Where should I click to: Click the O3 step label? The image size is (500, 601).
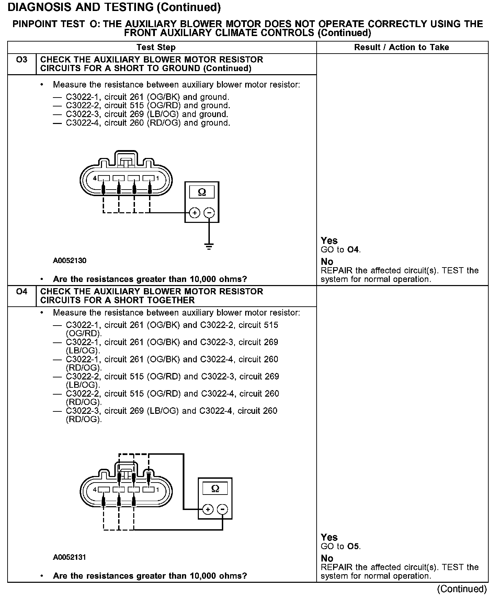[22, 60]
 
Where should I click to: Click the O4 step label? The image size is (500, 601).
[22, 292]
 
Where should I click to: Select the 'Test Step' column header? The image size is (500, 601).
[156, 47]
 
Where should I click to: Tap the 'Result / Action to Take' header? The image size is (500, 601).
[401, 47]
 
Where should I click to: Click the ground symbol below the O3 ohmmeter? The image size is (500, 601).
[209, 246]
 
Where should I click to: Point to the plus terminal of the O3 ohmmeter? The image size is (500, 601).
[195, 213]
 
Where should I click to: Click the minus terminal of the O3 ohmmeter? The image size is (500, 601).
[209, 213]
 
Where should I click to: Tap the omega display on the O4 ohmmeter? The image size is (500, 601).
[215, 488]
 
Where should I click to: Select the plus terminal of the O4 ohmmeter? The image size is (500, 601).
[208, 509]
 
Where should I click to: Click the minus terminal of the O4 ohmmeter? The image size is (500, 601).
[223, 509]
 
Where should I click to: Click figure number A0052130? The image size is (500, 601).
[70, 261]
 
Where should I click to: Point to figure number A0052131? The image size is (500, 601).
[70, 557]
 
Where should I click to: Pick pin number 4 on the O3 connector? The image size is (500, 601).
[95, 178]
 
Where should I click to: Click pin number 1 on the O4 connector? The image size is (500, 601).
[158, 489]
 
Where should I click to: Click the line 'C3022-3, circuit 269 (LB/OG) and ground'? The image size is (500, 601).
[147, 114]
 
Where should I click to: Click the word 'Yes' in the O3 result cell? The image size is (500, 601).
[329, 241]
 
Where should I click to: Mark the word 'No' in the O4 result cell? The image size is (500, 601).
[327, 558]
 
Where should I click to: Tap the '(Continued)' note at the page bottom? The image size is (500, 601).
[462, 589]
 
